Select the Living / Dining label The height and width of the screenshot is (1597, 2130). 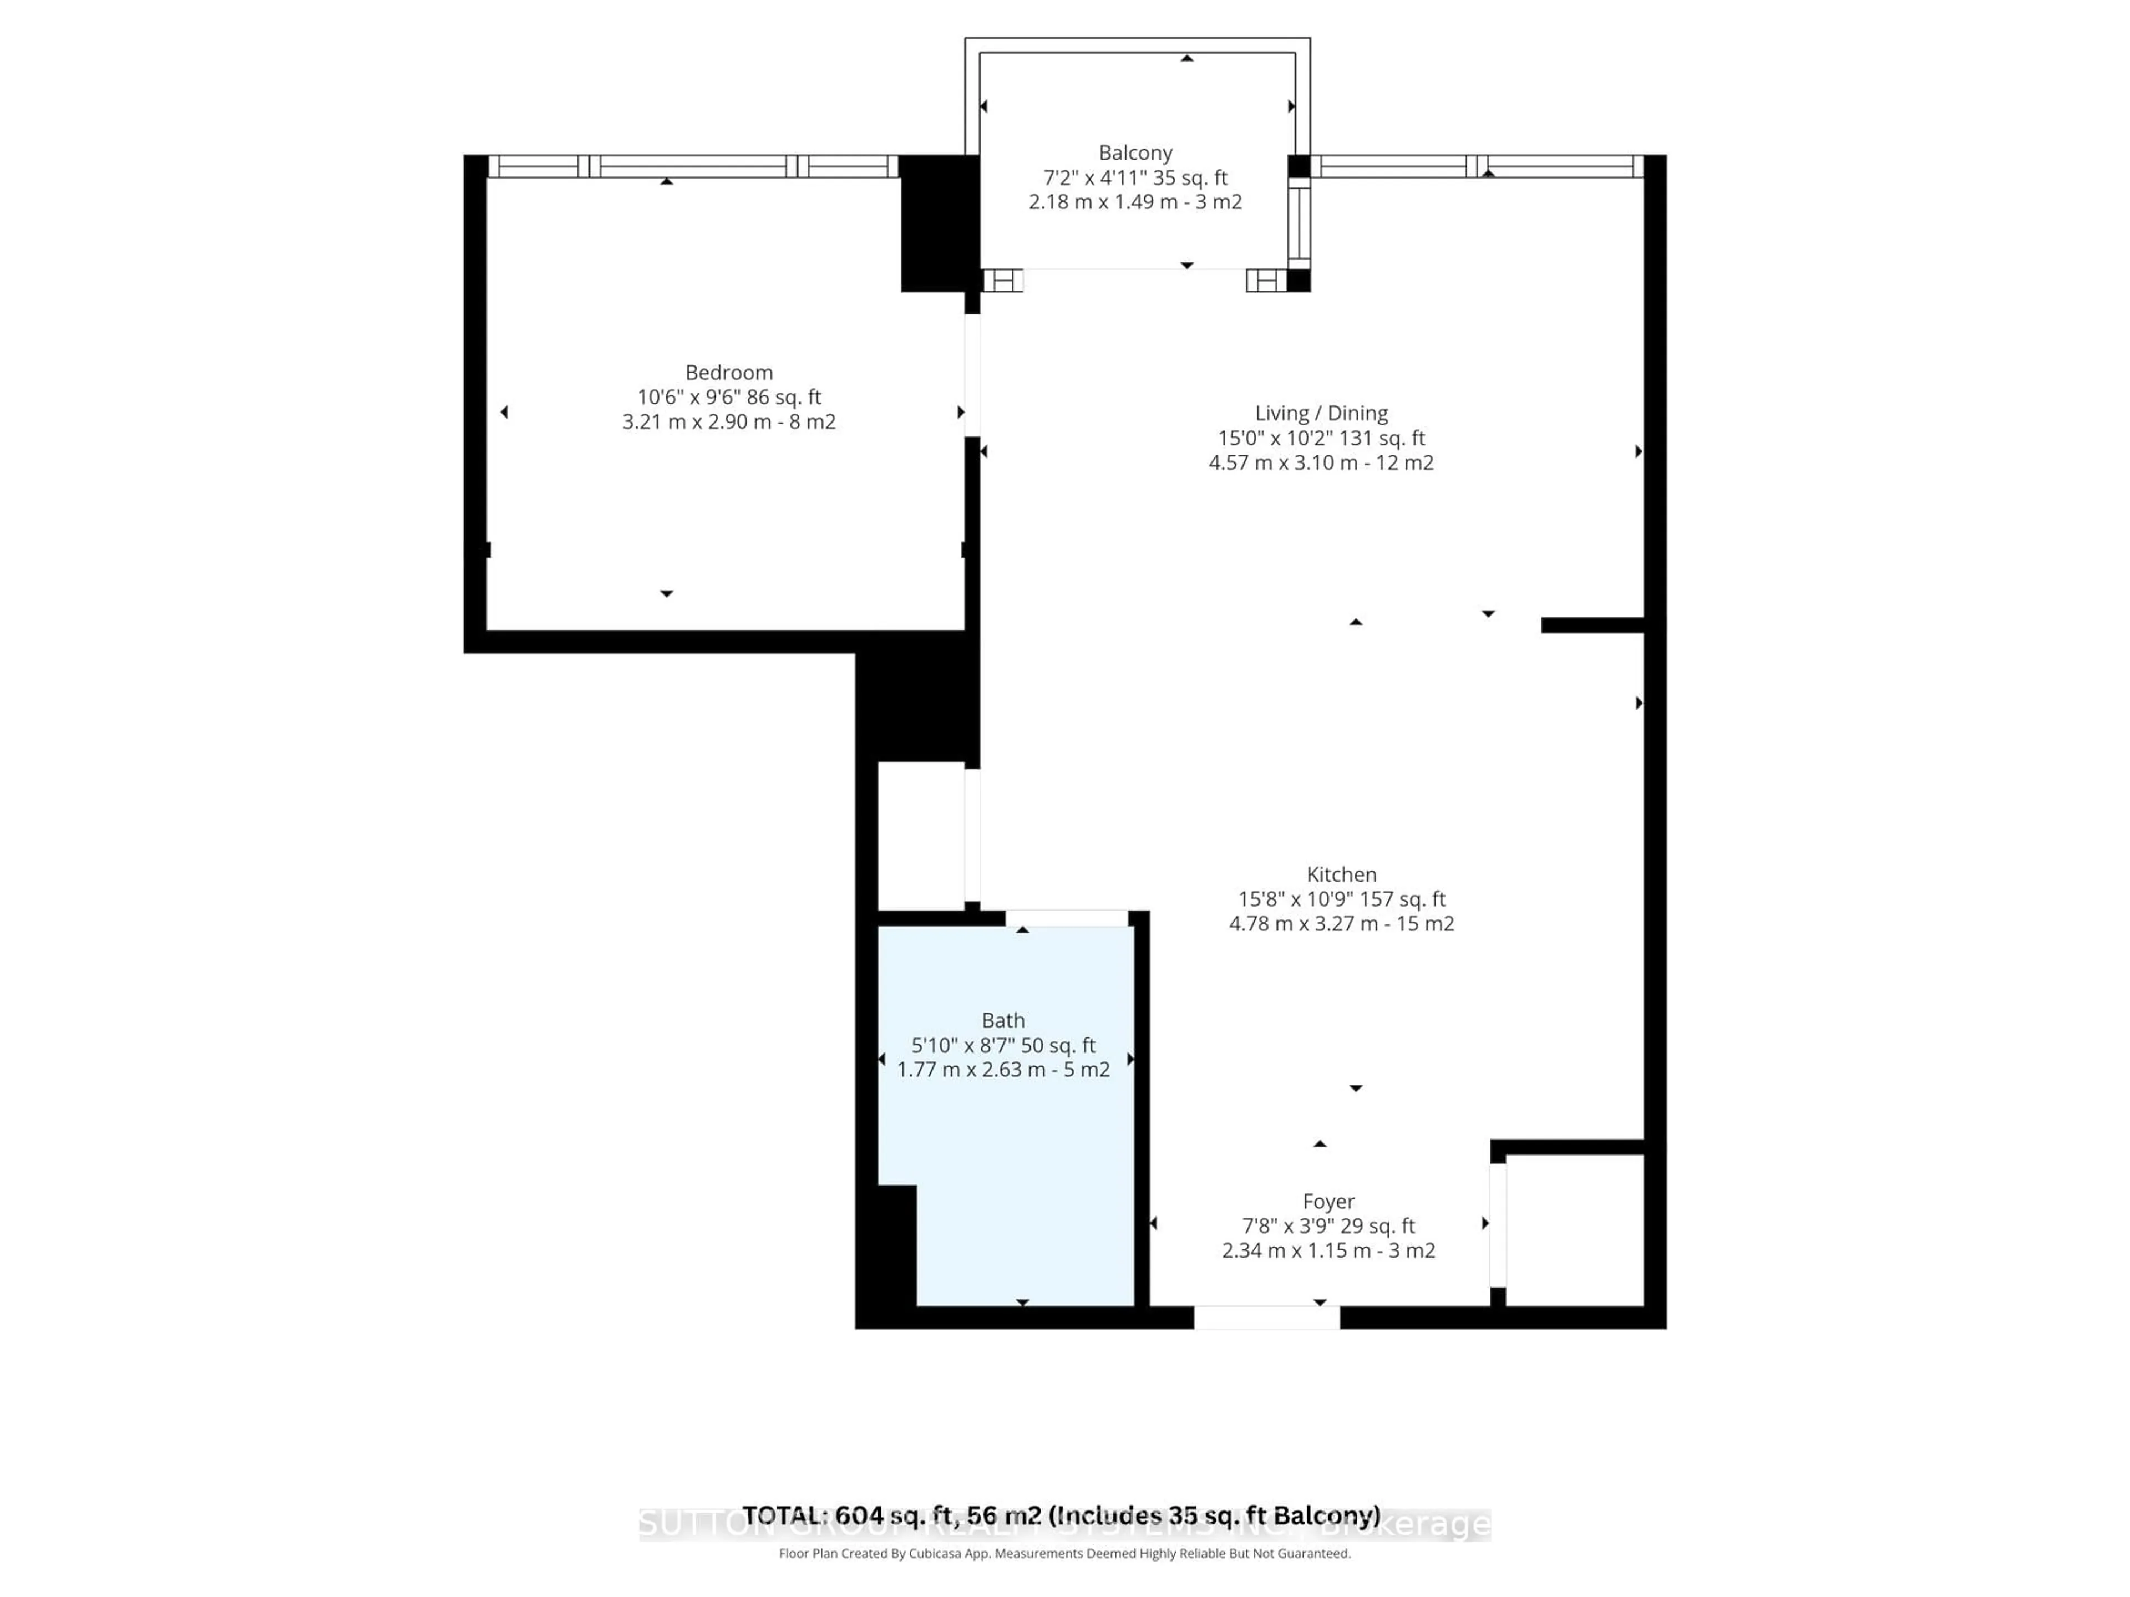point(1321,413)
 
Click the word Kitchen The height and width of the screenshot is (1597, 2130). point(1341,874)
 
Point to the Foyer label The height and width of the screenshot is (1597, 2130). point(1328,1202)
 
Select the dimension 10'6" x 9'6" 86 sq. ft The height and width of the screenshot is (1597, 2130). point(729,396)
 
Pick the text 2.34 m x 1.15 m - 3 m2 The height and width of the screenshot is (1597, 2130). point(1328,1250)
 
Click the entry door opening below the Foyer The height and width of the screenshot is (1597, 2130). point(1266,1318)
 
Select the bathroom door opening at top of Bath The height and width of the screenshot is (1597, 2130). point(1067,918)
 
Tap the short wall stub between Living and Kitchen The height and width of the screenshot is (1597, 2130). point(1591,625)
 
